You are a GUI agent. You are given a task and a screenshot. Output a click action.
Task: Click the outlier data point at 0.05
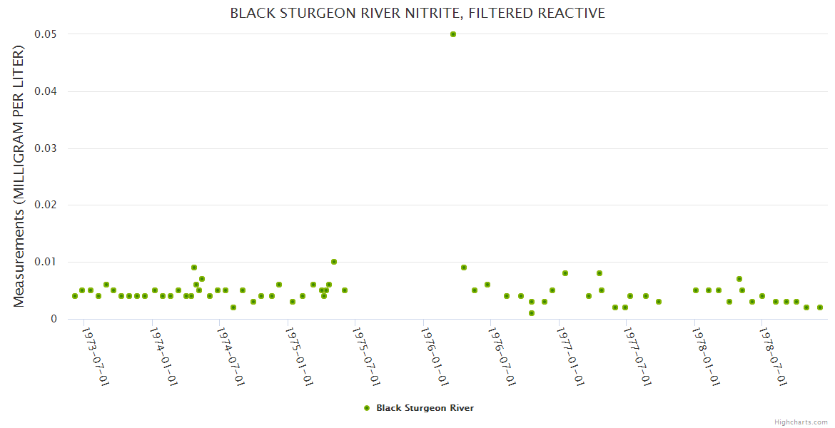pyautogui.click(x=453, y=34)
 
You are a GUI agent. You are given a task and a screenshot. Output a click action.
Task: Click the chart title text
pyautogui.click(x=417, y=13)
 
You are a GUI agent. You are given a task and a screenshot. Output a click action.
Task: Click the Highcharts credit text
pyautogui.click(x=801, y=422)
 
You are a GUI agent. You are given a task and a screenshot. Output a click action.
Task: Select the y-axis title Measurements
pyautogui.click(x=19, y=177)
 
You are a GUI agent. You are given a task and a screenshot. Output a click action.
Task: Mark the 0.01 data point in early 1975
pyautogui.click(x=334, y=262)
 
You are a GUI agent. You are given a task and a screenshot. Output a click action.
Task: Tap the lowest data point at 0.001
pyautogui.click(x=532, y=313)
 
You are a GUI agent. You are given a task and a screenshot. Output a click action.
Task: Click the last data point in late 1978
pyautogui.click(x=820, y=307)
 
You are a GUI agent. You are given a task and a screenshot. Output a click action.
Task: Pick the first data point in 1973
pyautogui.click(x=75, y=296)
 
